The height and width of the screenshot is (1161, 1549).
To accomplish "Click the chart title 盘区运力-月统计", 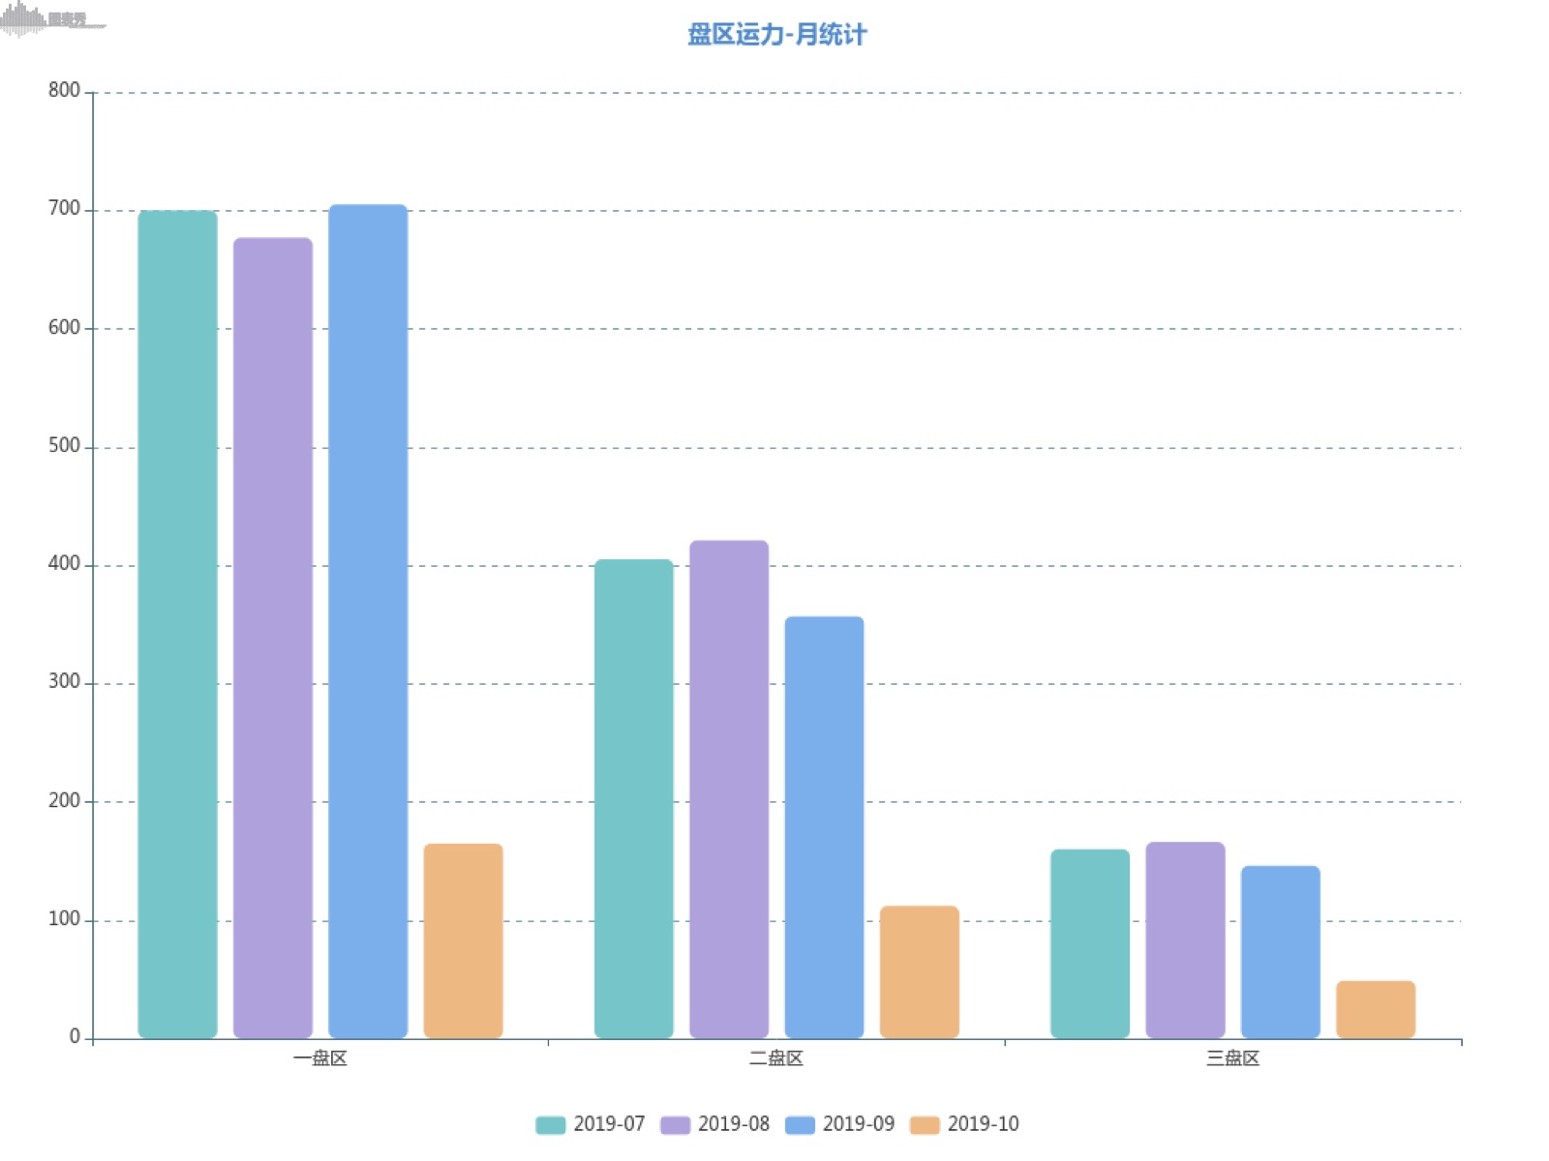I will (776, 35).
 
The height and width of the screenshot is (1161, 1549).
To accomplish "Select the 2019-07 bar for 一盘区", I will (177, 624).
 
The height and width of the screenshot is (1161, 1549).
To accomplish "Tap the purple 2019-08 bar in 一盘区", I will (273, 638).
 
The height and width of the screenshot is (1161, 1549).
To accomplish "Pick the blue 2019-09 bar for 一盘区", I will (368, 621).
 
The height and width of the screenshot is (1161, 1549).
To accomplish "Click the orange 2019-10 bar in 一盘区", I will (463, 940).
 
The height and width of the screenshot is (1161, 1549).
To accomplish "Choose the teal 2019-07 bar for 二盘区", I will (633, 798).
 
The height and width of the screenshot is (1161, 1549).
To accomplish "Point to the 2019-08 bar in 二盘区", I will (729, 789).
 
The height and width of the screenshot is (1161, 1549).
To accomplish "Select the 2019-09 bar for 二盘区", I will (824, 827).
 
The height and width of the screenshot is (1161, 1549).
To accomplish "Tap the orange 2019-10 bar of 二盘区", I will (919, 971).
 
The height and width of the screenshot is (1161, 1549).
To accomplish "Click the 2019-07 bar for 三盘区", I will (1089, 943).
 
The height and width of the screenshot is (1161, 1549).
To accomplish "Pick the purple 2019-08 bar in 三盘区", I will (1185, 939).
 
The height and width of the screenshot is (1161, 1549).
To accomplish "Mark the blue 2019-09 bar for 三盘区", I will (1280, 951).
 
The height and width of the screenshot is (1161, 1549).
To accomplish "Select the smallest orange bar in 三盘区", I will (1375, 1009).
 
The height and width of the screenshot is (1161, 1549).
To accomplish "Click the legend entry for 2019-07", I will (591, 1124).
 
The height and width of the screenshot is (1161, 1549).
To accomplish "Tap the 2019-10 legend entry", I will (964, 1124).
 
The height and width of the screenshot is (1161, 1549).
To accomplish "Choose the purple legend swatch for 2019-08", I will (675, 1124).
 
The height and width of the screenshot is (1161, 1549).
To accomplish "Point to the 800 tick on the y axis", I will (64, 91).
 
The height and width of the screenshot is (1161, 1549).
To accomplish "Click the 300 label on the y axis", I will (64, 682).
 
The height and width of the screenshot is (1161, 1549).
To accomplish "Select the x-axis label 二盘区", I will (775, 1058).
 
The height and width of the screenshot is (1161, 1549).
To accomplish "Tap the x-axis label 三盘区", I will (1232, 1058).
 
